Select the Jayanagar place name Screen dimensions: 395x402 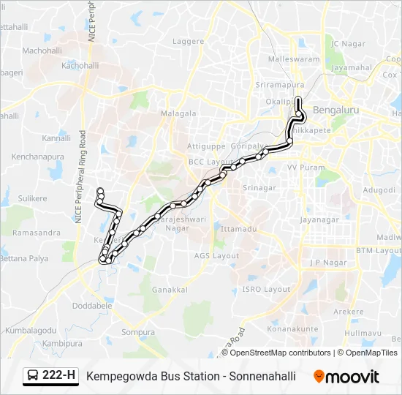(319, 218)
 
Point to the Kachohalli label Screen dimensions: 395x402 (80, 65)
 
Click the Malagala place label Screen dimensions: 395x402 (179, 113)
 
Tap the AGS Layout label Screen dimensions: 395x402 (216, 255)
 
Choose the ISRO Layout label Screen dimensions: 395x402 (266, 289)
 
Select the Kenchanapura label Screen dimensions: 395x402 (38, 157)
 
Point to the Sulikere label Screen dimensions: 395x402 (33, 198)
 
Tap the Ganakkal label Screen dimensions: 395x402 (170, 290)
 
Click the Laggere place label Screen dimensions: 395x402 (188, 42)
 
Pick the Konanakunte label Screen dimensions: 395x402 (292, 329)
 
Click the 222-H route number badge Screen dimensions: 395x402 (59, 376)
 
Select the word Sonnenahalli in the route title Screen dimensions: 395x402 (262, 377)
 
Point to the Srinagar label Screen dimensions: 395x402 (259, 188)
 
